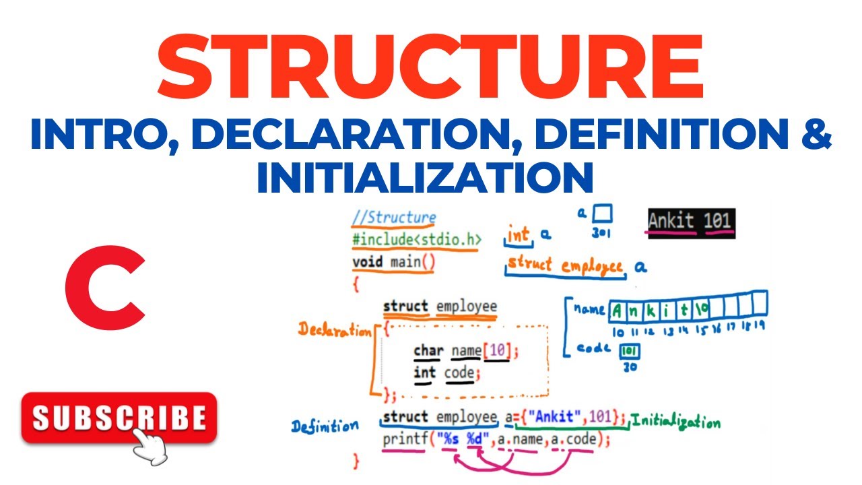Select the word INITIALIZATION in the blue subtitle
pyautogui.click(x=425, y=176)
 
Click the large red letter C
pyautogui.click(x=106, y=288)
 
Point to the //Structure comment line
pyautogui.click(x=393, y=218)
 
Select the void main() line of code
pyautogui.click(x=394, y=261)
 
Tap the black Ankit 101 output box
pyautogui.click(x=690, y=222)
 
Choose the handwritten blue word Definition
pyautogui.click(x=325, y=426)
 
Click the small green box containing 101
pyautogui.click(x=630, y=352)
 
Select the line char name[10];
pyautogui.click(x=467, y=350)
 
